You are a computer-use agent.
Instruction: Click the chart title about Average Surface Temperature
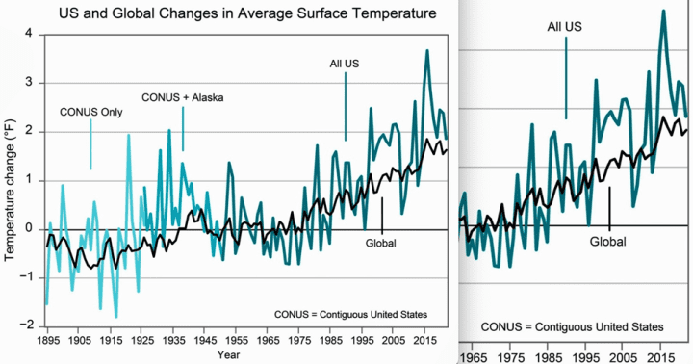pos(247,13)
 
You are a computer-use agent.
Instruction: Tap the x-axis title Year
pos(228,354)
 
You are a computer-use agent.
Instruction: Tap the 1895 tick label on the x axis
pos(47,340)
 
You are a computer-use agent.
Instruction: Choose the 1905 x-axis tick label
pos(78,340)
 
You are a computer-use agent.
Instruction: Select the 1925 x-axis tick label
pos(141,340)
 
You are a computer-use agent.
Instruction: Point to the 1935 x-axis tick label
pos(173,340)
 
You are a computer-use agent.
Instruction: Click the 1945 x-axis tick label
pos(205,340)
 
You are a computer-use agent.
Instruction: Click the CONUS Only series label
pos(91,112)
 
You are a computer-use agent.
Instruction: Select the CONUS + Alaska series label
pos(183,97)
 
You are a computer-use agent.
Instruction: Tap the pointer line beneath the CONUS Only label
pos(91,144)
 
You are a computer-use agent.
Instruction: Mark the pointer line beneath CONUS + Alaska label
pos(183,129)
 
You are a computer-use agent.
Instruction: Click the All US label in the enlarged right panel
pos(564,27)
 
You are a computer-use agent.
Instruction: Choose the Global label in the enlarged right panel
pos(608,242)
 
